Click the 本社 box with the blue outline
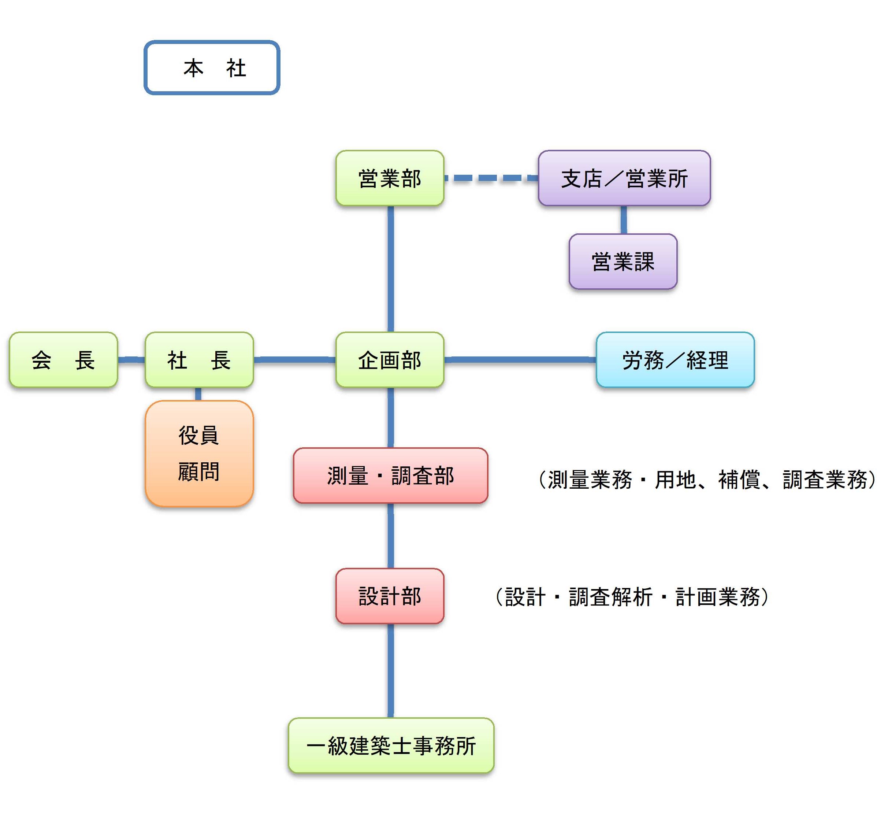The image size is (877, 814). click(212, 67)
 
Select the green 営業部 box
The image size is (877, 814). click(390, 178)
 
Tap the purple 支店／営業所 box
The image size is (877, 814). click(624, 178)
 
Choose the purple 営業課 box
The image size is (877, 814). click(623, 261)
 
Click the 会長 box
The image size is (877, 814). click(63, 359)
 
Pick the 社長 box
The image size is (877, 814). click(199, 359)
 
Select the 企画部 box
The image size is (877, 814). click(390, 359)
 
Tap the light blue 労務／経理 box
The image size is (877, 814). click(675, 359)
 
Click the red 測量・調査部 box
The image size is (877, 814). click(390, 475)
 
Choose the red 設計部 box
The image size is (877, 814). click(390, 596)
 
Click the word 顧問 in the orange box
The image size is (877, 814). click(198, 472)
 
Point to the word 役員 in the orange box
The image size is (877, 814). click(198, 435)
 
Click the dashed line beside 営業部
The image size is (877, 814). click(490, 178)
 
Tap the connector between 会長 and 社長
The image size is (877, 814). click(131, 359)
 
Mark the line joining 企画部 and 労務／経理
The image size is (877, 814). click(520, 359)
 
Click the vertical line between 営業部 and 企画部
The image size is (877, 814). click(390, 269)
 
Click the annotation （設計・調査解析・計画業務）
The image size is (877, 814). click(631, 597)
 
